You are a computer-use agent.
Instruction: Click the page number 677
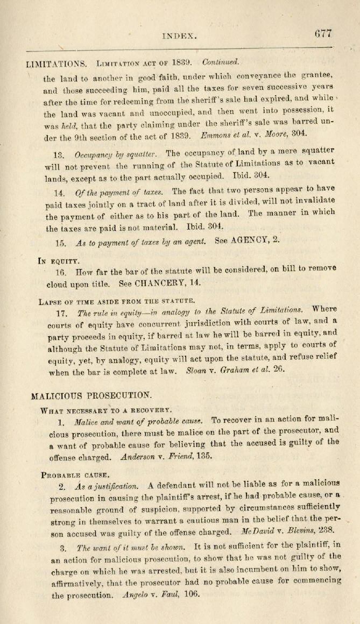point(323,33)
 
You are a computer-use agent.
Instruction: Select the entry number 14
point(59,193)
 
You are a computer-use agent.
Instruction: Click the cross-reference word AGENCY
point(247,241)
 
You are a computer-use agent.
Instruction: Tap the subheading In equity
point(59,261)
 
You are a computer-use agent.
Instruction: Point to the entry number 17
point(62,313)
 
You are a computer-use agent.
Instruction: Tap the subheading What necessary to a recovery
point(105,410)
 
